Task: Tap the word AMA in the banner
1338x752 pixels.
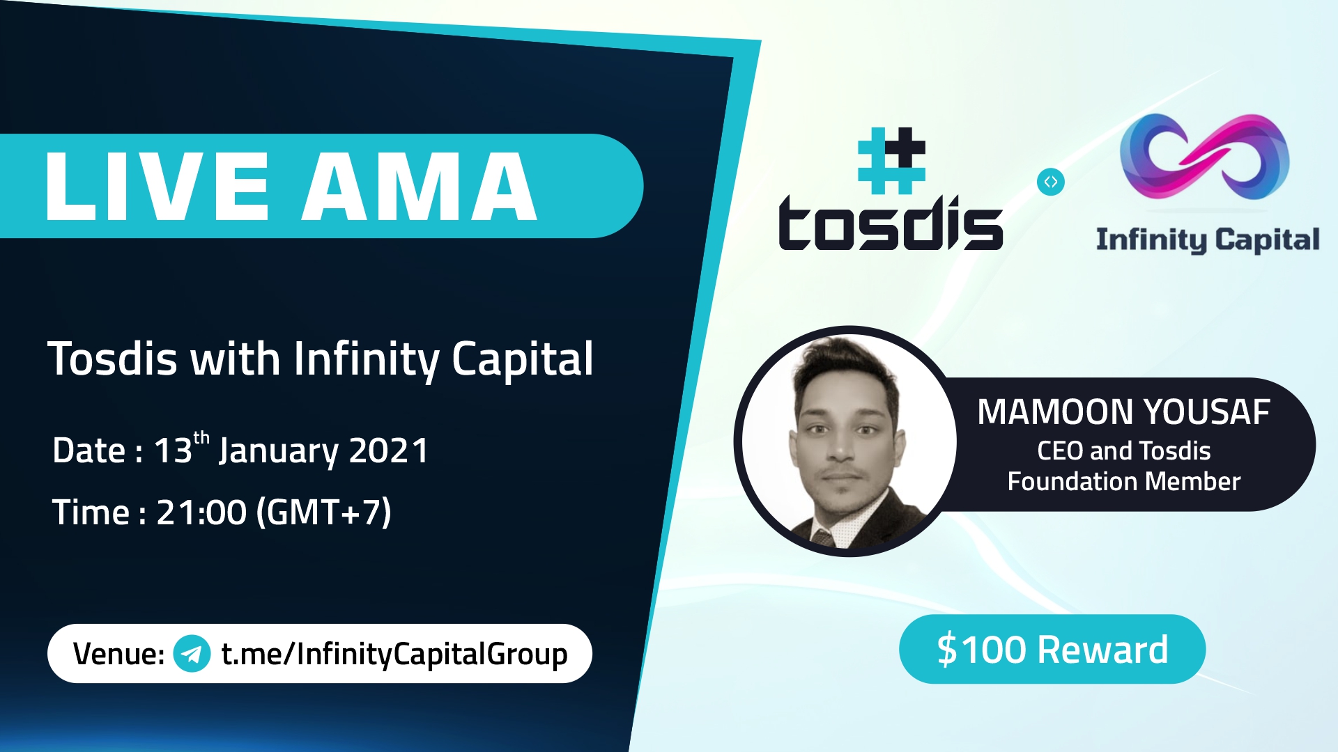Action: click(419, 187)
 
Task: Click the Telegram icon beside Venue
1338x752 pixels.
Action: click(192, 654)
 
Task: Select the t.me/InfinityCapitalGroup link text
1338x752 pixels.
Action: click(394, 654)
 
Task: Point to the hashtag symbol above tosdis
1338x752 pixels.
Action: click(891, 161)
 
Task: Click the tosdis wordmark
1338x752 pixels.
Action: click(891, 223)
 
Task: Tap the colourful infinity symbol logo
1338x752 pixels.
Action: click(1205, 157)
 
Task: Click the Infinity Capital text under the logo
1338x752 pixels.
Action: click(1208, 240)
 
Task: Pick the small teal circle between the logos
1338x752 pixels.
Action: click(1051, 182)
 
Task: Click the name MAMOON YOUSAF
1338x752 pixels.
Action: click(1123, 412)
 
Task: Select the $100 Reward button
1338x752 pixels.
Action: click(1052, 649)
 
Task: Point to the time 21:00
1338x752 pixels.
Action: click(201, 512)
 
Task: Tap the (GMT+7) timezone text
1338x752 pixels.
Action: click(324, 512)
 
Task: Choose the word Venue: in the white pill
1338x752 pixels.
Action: click(118, 654)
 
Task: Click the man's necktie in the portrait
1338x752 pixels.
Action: click(823, 538)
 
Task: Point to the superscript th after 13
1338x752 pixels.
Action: click(201, 438)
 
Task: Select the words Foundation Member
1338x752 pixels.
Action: click(1123, 481)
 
